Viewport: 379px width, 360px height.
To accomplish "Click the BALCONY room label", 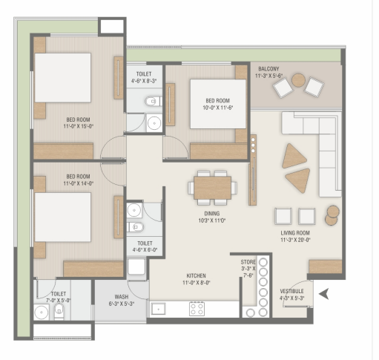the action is coord(268,68).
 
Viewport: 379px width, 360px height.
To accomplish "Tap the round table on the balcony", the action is coord(298,80).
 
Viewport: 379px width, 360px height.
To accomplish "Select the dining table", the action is coord(212,187).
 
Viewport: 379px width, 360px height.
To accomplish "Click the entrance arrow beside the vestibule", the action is coord(324,294).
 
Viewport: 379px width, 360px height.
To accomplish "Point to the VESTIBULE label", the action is coord(291,291).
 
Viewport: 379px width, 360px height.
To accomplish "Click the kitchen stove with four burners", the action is coord(197,309).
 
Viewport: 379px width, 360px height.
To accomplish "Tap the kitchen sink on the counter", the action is coord(158,309).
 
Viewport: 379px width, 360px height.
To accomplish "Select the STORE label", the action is coord(248,262).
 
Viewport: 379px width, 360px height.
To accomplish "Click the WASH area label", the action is coord(122,296).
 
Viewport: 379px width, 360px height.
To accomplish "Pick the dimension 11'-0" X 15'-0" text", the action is coord(78,126).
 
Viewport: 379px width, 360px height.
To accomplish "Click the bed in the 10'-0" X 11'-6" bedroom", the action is coord(218,104).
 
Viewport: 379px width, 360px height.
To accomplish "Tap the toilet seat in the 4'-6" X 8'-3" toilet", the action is coord(153,101).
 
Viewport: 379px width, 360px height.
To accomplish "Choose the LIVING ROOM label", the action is coord(295,233).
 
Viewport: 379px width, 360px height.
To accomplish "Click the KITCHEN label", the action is coord(196,275).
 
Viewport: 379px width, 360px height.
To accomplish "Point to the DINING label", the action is coord(212,213).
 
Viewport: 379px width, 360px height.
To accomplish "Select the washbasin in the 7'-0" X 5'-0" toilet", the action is coord(42,312).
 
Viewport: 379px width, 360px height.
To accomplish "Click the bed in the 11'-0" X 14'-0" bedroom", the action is coord(62,217).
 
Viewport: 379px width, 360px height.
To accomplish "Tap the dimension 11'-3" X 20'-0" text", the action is coord(295,240).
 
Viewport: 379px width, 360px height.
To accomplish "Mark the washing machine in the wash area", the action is coord(136,266).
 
